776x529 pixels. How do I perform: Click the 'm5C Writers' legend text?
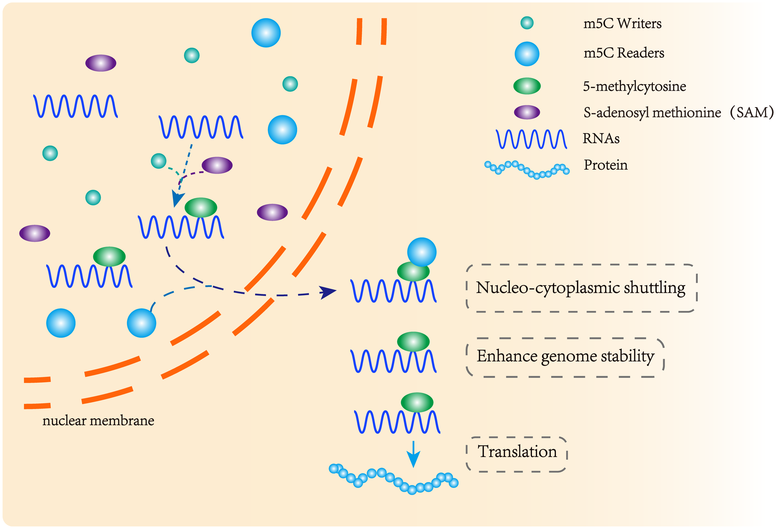click(x=622, y=23)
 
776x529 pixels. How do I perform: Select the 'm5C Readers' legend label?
click(x=623, y=53)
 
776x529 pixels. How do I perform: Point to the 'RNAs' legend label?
click(x=601, y=138)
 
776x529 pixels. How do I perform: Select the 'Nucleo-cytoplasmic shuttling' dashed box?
click(x=581, y=288)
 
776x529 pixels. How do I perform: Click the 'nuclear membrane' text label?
click(x=98, y=420)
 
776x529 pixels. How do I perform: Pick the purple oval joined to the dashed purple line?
click(x=217, y=165)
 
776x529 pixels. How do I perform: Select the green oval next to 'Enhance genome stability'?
click(x=413, y=341)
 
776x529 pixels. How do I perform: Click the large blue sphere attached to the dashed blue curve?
click(x=141, y=323)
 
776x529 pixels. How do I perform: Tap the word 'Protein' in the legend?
click(x=605, y=165)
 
